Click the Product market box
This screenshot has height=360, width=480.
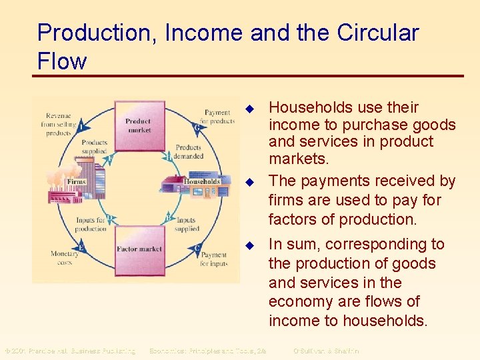pyautogui.click(x=139, y=126)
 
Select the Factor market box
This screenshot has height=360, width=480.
pyautogui.click(x=139, y=248)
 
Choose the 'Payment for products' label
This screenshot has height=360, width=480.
pyautogui.click(x=218, y=117)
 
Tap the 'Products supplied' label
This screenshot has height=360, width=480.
pyautogui.click(x=94, y=147)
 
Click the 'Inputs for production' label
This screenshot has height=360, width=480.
pyautogui.click(x=91, y=225)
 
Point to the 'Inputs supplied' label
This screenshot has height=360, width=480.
pyautogui.click(x=187, y=225)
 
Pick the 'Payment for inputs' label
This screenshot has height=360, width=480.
pyautogui.click(x=213, y=259)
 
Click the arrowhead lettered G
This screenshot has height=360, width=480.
pyautogui.click(x=196, y=127)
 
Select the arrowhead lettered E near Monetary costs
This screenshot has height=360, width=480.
pyautogui.click(x=81, y=248)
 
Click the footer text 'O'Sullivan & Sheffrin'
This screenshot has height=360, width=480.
pyautogui.click(x=326, y=351)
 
